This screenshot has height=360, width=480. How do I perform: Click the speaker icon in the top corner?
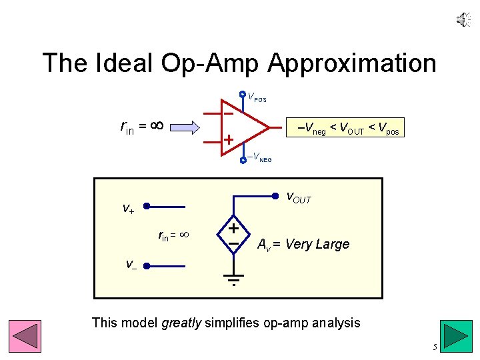point(463,21)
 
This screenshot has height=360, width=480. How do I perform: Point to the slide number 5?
point(435,347)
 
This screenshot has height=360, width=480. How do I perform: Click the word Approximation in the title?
point(352,63)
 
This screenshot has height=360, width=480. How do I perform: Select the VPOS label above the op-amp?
point(257,98)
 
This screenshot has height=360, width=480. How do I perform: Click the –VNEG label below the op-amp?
point(259,158)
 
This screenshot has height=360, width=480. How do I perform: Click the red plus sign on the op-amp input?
point(227,140)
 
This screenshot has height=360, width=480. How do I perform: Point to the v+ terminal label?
point(128,208)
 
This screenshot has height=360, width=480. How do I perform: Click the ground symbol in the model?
point(234,279)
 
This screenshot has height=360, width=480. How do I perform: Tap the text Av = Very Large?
point(303,244)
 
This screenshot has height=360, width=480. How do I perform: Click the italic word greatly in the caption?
point(183,323)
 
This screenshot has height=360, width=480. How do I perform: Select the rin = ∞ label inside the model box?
point(174,235)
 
